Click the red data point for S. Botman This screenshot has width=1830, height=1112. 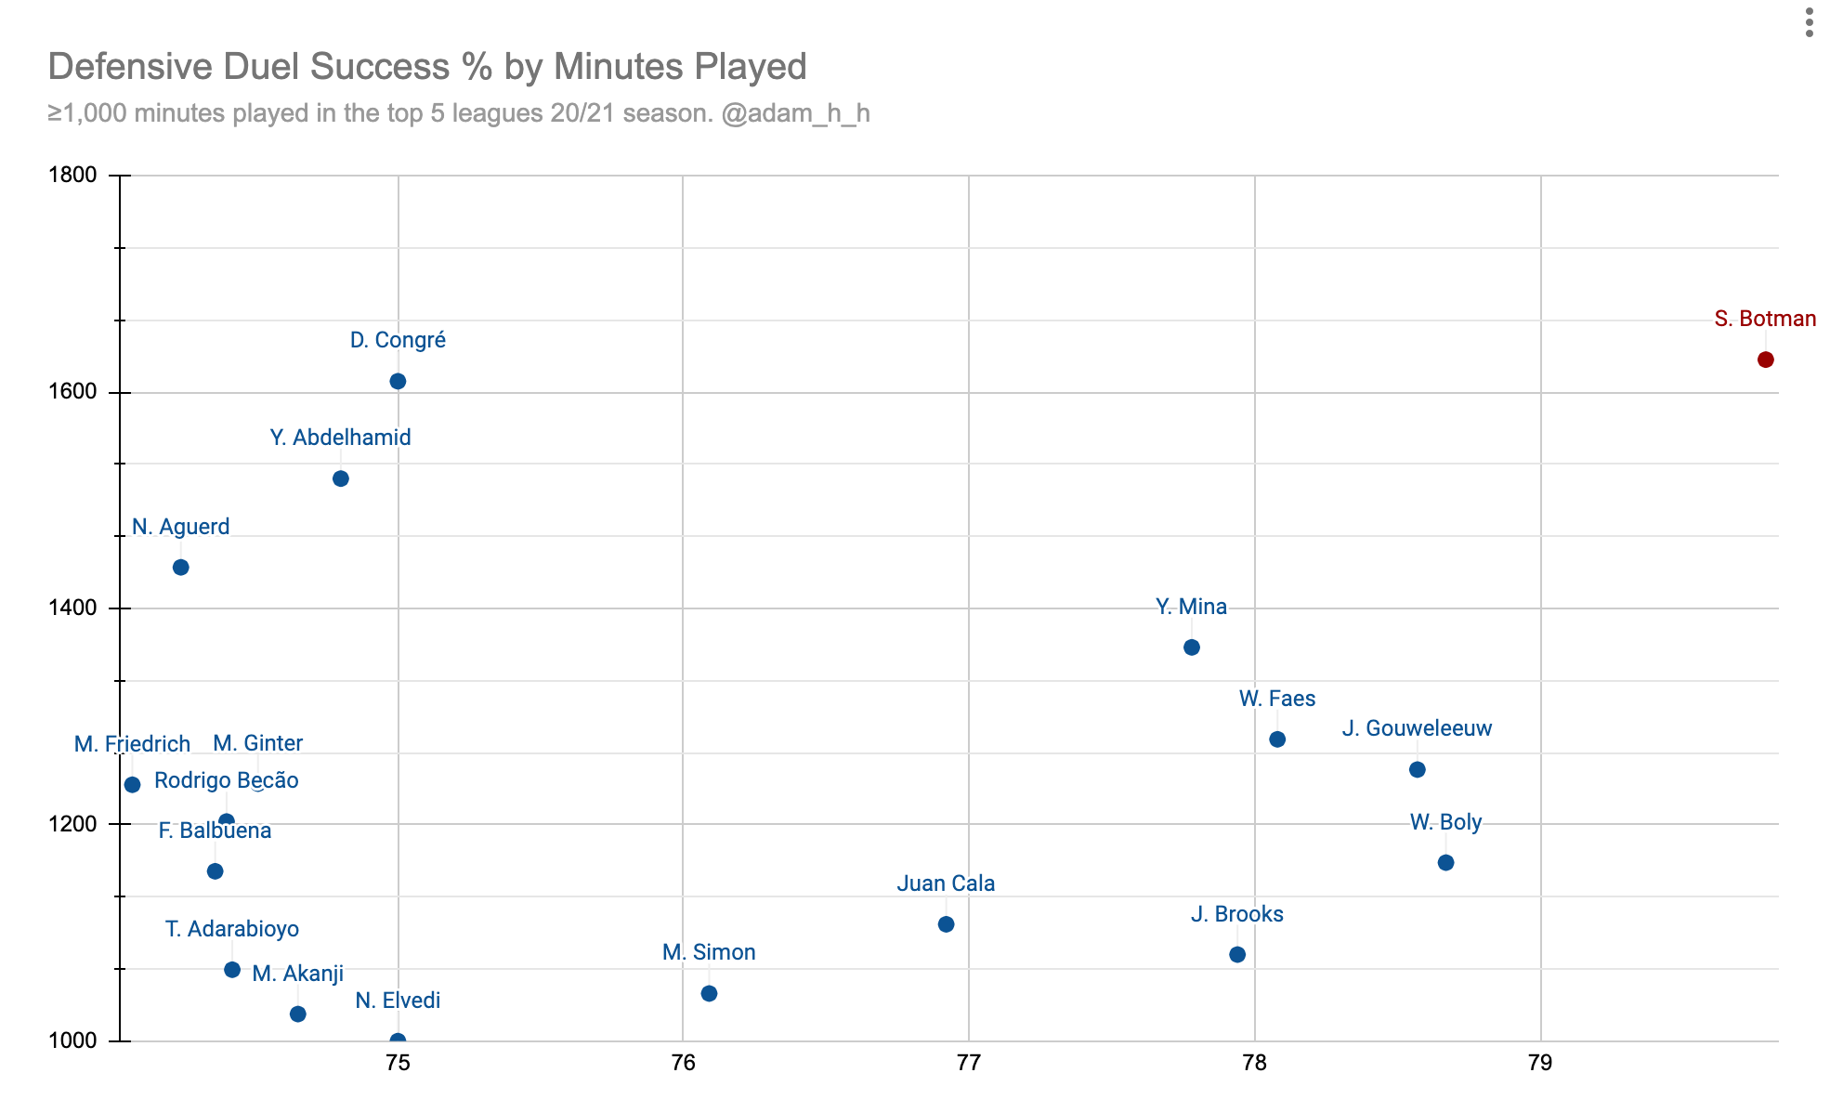pos(1765,360)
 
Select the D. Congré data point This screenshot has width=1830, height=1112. pos(398,381)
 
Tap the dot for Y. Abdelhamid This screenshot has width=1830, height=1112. pos(341,478)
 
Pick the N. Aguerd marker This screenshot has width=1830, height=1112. pos(181,567)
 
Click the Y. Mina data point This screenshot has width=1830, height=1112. pos(1192,647)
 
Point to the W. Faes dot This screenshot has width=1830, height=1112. pos(1277,739)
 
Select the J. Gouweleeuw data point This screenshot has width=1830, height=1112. pos(1418,769)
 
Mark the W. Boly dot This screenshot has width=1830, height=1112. pos(1446,863)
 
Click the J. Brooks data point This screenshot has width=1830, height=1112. pos(1237,955)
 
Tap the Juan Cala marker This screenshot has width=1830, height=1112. pos(947,924)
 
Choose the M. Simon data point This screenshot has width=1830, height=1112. pos(709,993)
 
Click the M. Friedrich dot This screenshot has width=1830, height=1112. pos(132,785)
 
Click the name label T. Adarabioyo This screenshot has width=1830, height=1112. pos(232,929)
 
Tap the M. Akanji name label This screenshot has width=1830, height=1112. pos(298,974)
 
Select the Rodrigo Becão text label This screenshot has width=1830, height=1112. pos(227,780)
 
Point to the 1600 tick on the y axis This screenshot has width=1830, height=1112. pos(72,392)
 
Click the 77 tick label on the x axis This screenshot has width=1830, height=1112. pos(969,1063)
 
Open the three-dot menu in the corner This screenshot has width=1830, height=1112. pos(1809,23)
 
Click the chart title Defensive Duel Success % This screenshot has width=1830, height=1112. pos(427,67)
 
